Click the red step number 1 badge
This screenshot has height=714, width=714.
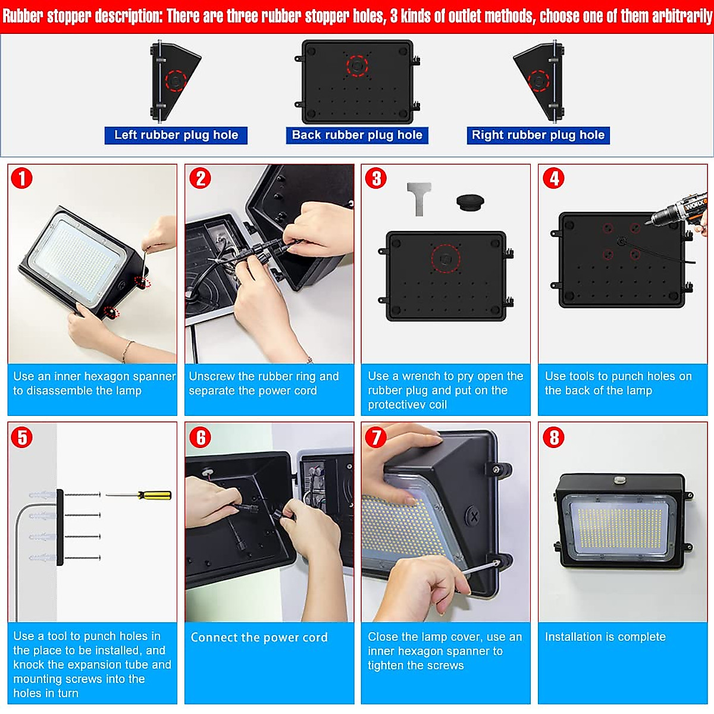(22, 178)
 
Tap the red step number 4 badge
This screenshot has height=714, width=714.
(554, 178)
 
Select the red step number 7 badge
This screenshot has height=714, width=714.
(376, 437)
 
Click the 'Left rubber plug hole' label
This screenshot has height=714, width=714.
(176, 135)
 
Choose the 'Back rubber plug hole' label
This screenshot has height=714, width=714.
(357, 135)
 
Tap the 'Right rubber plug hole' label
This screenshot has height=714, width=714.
(538, 135)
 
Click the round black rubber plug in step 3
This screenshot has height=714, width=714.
(470, 202)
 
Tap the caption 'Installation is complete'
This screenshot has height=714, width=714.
(605, 637)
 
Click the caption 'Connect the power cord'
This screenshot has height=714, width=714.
(259, 637)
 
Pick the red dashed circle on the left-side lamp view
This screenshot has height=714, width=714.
(176, 80)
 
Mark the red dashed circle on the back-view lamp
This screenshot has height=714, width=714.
(357, 65)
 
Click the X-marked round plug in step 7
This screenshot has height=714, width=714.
(474, 516)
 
